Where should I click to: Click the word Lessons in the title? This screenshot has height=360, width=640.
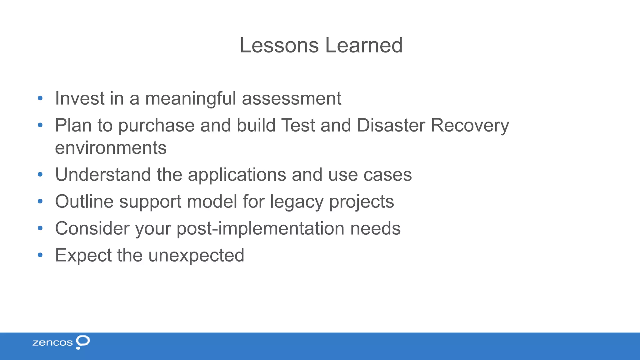click(x=279, y=45)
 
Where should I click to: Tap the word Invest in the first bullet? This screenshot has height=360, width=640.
click(x=80, y=98)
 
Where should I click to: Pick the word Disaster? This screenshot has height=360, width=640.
click(x=391, y=125)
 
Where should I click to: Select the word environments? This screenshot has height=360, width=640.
click(x=111, y=148)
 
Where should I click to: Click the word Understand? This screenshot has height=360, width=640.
click(x=103, y=174)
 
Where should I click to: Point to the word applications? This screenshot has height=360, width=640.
click(x=237, y=175)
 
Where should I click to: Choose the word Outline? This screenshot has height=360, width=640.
click(x=84, y=201)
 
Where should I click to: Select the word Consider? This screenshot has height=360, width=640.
click(x=92, y=228)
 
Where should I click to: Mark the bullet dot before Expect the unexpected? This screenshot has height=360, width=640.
click(x=40, y=255)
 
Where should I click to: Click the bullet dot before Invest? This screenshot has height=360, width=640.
click(x=40, y=98)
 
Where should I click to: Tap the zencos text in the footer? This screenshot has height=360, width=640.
click(x=52, y=343)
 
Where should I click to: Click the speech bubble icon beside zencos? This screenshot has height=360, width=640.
click(x=83, y=342)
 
